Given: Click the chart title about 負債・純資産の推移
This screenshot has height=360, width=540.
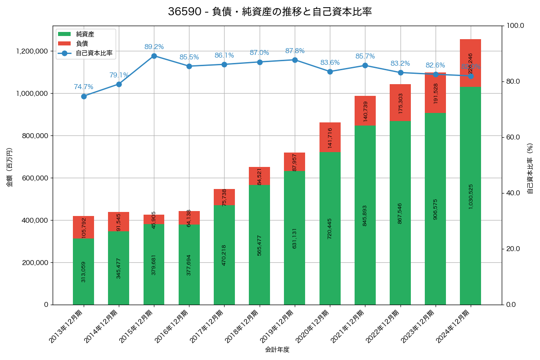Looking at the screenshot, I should [x=270, y=12].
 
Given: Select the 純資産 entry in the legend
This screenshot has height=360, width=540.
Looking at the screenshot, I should [x=85, y=34].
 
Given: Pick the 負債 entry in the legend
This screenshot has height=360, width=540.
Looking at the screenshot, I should [x=82, y=43].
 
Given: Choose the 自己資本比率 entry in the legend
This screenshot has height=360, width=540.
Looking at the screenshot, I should [x=94, y=53].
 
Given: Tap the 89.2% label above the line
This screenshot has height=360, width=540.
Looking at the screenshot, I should [x=154, y=47].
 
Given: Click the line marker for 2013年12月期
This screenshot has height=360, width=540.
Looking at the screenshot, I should [x=84, y=96].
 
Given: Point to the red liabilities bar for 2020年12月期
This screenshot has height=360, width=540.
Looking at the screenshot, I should [x=330, y=137].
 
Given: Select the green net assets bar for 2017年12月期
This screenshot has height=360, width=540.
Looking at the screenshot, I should [x=224, y=255].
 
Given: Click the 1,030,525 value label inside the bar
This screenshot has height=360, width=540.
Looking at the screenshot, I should [x=470, y=196].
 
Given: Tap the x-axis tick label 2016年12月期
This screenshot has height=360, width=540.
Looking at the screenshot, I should [x=171, y=327].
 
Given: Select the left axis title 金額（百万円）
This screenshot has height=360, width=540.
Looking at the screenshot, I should [x=9, y=167].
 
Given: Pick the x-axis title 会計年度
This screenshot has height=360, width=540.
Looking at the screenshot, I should [x=277, y=349].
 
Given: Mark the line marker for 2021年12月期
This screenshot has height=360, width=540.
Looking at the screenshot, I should [x=365, y=66].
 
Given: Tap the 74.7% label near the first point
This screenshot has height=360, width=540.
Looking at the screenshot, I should [x=84, y=87].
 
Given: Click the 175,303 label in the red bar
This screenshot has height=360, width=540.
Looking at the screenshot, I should [x=400, y=103].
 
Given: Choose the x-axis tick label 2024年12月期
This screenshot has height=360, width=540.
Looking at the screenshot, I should [x=453, y=327].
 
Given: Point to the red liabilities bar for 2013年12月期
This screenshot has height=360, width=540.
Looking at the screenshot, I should [x=84, y=227].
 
